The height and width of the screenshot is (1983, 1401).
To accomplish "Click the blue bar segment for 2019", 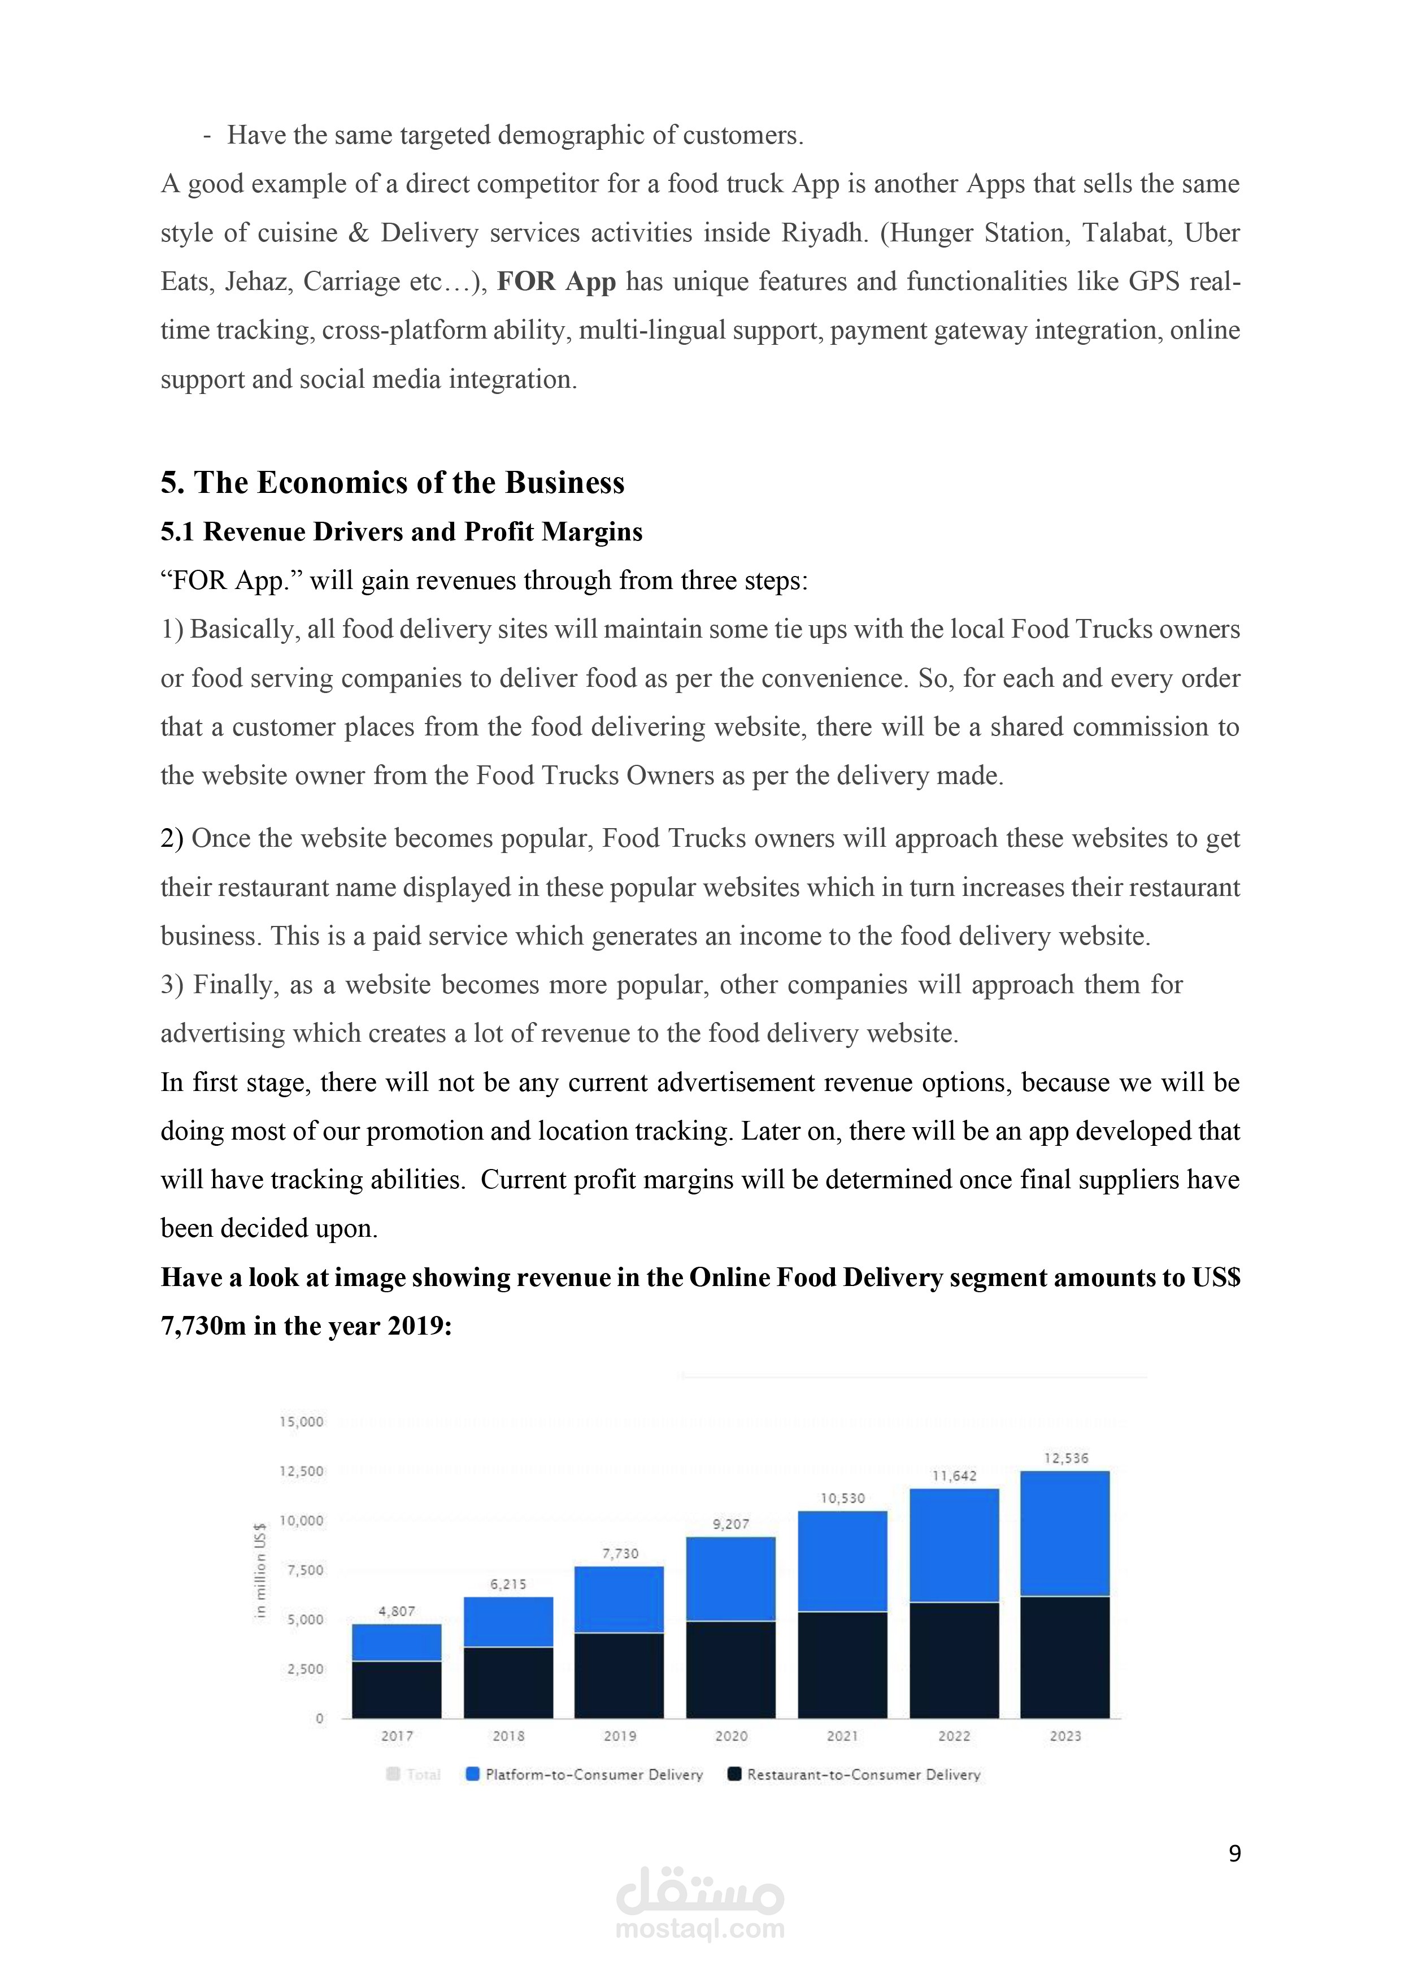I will [x=619, y=1600].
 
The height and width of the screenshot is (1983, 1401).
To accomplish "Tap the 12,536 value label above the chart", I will [x=1066, y=1458].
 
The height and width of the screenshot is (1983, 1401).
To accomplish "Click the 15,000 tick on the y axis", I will [x=301, y=1422].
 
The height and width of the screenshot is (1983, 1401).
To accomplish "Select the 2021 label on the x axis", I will [x=842, y=1736].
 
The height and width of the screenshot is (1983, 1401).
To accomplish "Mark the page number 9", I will [x=1234, y=1854].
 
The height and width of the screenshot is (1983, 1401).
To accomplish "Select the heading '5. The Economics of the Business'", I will [x=392, y=482].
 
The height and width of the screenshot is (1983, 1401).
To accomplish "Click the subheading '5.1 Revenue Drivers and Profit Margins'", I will [x=402, y=531].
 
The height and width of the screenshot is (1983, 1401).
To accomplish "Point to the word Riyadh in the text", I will [x=824, y=233].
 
